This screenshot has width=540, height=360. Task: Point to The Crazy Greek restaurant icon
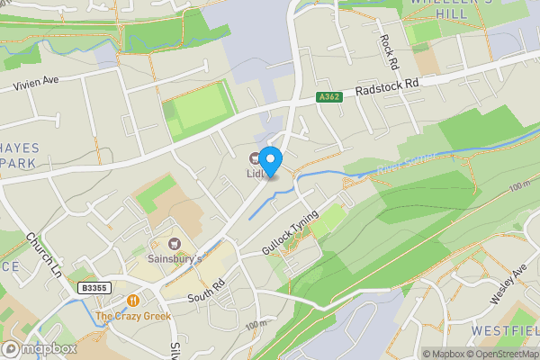[133, 301]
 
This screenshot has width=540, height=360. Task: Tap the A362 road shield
[329, 97]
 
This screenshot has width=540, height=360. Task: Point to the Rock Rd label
[389, 52]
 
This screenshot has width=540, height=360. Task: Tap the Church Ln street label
[43, 255]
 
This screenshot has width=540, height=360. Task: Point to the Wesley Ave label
[506, 283]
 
